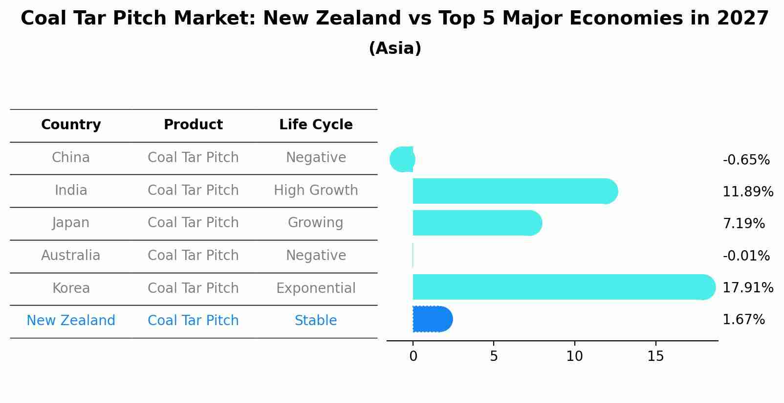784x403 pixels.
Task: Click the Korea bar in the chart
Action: point(564,287)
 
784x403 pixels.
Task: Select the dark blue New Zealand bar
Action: point(433,319)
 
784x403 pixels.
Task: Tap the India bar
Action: point(516,191)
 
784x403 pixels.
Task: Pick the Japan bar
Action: point(478,223)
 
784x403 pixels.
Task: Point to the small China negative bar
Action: point(402,159)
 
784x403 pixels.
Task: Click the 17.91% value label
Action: point(748,287)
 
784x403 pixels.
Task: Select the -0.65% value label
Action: point(746,160)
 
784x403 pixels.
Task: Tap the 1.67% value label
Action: point(744,320)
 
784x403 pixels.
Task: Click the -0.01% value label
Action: point(746,256)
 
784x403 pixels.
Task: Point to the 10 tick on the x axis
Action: point(575,356)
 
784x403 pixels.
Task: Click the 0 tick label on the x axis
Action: point(414,356)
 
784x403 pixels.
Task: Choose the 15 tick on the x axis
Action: point(655,356)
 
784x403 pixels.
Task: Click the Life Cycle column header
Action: point(316,124)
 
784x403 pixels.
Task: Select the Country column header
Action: point(71,125)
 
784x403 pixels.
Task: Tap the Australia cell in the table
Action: point(71,255)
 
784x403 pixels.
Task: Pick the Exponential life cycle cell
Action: point(316,288)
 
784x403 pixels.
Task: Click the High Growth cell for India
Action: point(316,190)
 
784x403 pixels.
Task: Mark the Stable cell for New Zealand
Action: point(316,320)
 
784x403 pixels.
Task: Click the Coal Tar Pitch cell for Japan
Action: point(193,222)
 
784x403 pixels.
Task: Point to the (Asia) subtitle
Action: point(395,48)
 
